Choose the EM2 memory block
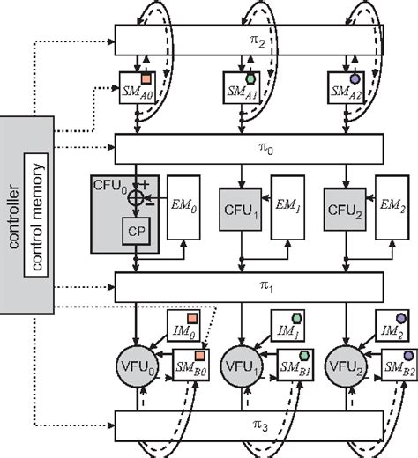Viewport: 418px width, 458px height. click(390, 214)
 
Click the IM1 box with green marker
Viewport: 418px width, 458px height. click(288, 330)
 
